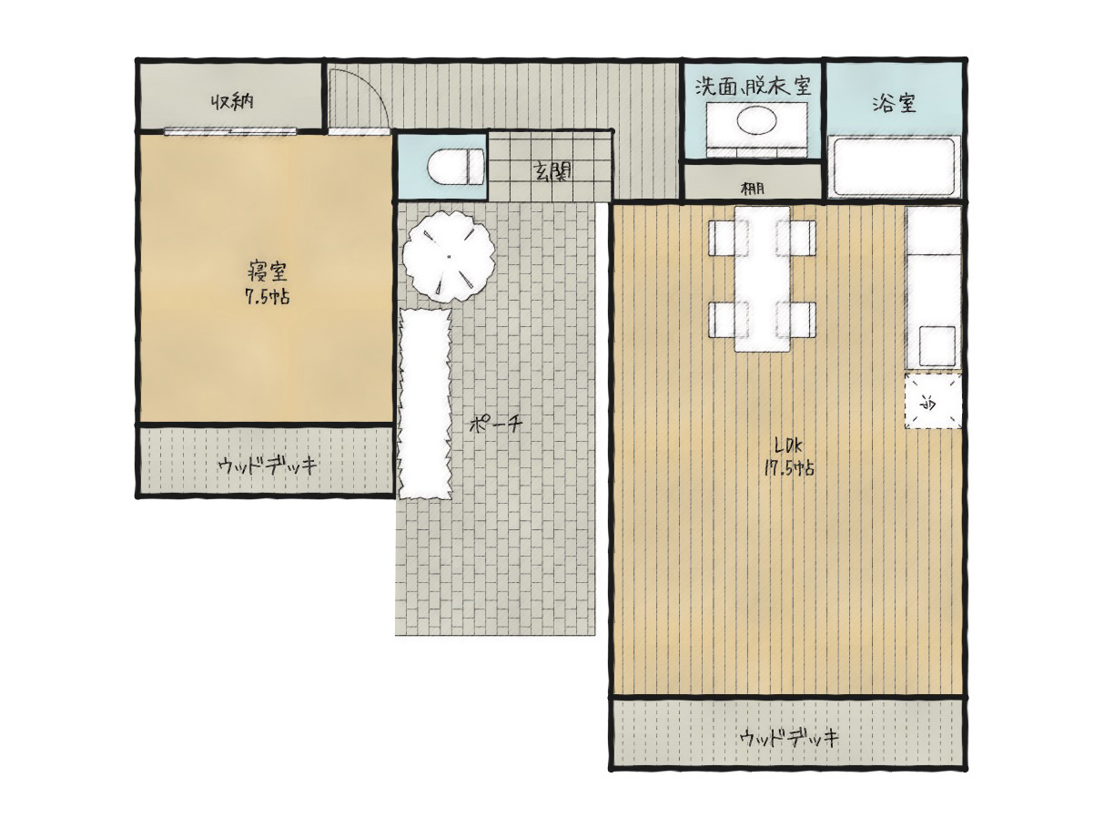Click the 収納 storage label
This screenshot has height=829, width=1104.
pos(231,102)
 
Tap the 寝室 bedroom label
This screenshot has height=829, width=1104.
pos(267,271)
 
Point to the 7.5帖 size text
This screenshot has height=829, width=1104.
pos(267,297)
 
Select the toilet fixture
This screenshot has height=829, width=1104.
pos(455,167)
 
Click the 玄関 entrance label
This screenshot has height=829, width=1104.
pos(552,172)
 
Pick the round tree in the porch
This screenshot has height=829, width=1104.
pos(449,256)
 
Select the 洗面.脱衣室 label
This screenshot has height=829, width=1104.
pos(753,86)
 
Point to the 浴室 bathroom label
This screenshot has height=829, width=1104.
pos(894,103)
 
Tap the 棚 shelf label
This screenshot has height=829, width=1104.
pos(753,189)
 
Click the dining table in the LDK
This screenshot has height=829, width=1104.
pos(762,279)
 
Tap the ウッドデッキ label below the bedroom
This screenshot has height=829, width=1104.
pos(268,466)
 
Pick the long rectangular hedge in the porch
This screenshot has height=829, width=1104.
pos(425,404)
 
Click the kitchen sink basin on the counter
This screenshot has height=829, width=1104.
pos(937,346)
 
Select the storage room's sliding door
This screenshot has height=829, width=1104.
pos(230,131)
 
